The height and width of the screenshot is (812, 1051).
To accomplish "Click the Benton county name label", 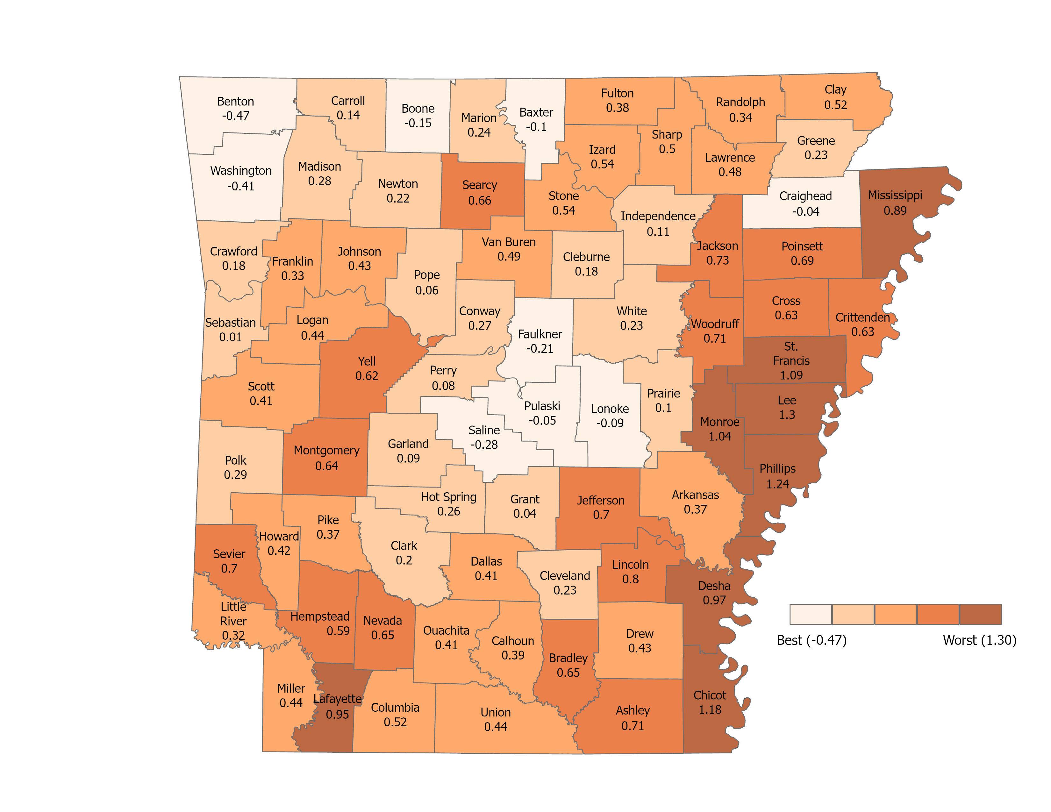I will pyautogui.click(x=235, y=102).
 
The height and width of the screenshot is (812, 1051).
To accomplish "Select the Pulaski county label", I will pyautogui.click(x=542, y=406).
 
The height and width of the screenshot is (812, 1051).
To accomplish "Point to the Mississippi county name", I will pyautogui.click(x=895, y=195).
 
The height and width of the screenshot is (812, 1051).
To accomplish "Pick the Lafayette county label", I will pyautogui.click(x=337, y=699).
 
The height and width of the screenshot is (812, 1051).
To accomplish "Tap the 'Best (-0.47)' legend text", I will pyautogui.click(x=811, y=640).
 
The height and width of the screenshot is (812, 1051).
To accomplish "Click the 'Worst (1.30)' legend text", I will pyautogui.click(x=979, y=640).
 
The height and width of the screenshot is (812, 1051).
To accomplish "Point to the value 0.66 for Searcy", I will pyautogui.click(x=479, y=201).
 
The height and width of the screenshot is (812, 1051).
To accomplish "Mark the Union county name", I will pyautogui.click(x=496, y=712).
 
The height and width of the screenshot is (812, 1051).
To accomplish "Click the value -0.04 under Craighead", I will pyautogui.click(x=805, y=211).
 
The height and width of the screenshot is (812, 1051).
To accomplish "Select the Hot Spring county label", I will pyautogui.click(x=448, y=497).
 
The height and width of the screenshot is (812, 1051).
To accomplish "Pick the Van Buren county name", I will pyautogui.click(x=509, y=242).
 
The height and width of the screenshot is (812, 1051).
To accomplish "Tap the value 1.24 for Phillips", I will pyautogui.click(x=778, y=484).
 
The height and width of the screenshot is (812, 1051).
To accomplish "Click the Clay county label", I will pyautogui.click(x=835, y=89).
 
